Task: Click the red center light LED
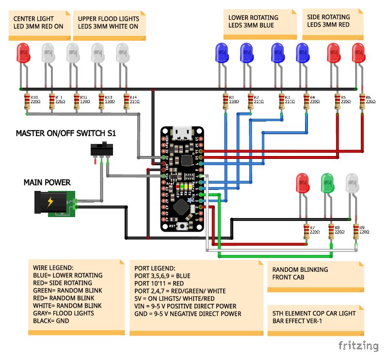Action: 23,53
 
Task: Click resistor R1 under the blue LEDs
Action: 225,102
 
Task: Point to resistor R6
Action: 362,102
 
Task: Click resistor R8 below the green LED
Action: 331,232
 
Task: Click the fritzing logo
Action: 358,345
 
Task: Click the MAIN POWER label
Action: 47,182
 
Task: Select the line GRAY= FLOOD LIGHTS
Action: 63,313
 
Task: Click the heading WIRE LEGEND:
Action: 53,267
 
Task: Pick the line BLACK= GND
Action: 52,321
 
